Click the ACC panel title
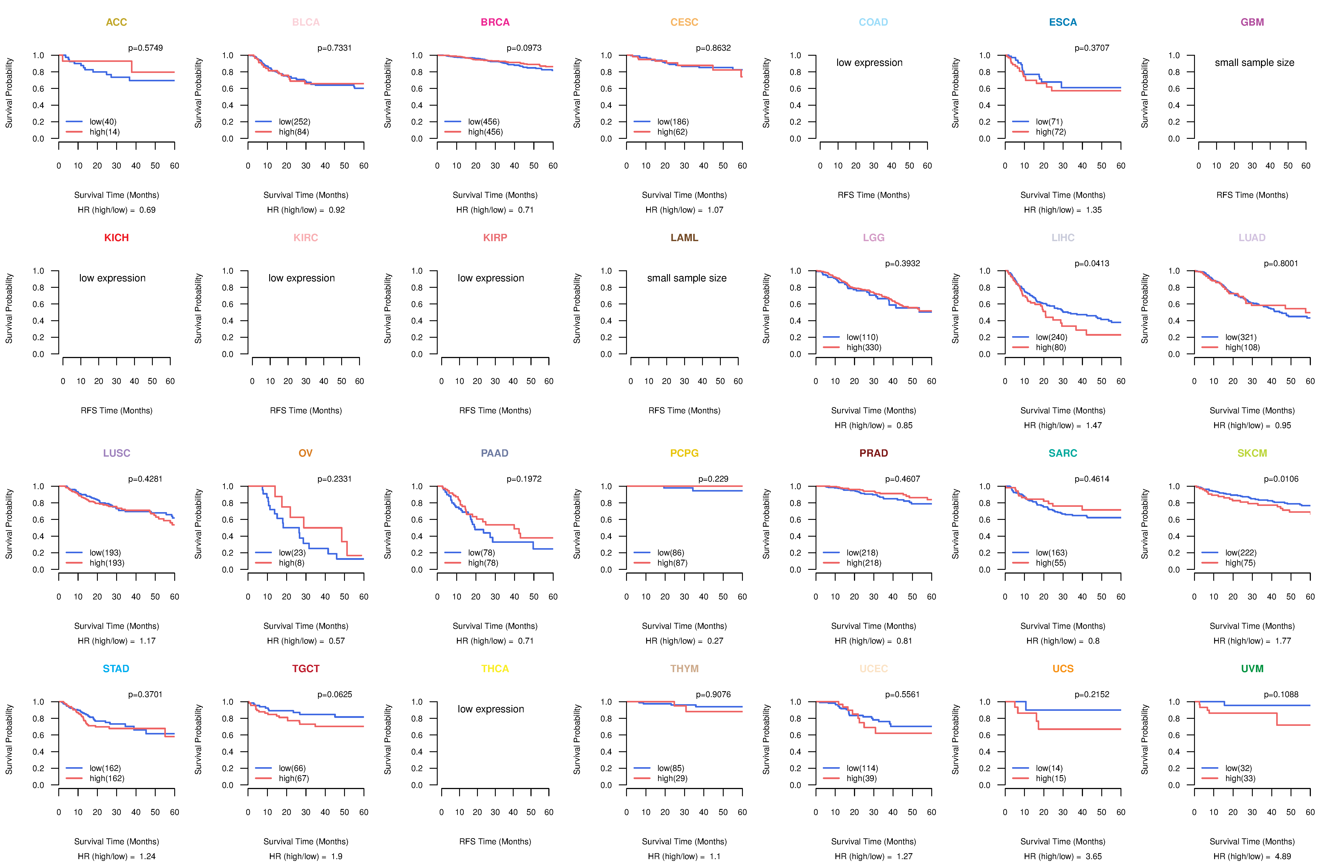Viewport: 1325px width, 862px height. pyautogui.click(x=116, y=22)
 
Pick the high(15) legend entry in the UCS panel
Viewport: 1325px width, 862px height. pyautogui.click(x=1051, y=778)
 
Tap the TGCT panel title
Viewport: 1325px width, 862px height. pyautogui.click(x=306, y=669)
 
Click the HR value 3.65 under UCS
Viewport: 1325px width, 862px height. pyautogui.click(x=1093, y=856)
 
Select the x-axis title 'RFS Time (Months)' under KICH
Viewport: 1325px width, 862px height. pyautogui.click(x=116, y=411)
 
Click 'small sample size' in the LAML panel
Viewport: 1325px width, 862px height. pyautogui.click(x=686, y=278)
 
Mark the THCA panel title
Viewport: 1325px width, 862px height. pyautogui.click(x=495, y=669)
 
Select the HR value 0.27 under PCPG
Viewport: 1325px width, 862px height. pyautogui.click(x=715, y=641)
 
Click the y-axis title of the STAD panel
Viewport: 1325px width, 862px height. pyautogui.click(x=9, y=739)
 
